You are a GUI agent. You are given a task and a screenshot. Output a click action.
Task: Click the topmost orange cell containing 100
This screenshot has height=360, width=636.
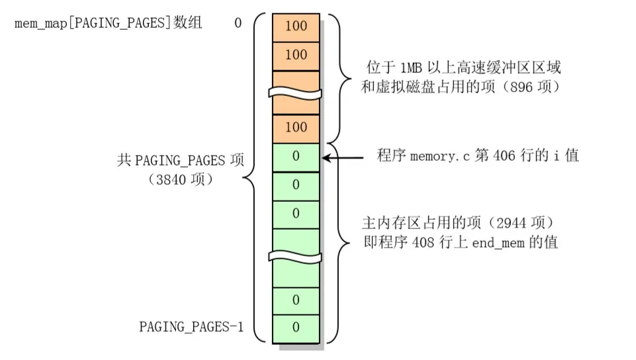[296, 26]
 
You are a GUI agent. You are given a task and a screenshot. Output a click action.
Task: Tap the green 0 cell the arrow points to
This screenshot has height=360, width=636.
[296, 157]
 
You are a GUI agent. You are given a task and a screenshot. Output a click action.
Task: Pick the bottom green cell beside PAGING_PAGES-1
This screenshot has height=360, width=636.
[296, 328]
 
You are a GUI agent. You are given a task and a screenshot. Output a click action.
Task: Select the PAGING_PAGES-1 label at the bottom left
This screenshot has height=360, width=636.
[191, 326]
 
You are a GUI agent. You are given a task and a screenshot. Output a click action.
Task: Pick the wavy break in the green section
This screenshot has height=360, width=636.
[296, 257]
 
